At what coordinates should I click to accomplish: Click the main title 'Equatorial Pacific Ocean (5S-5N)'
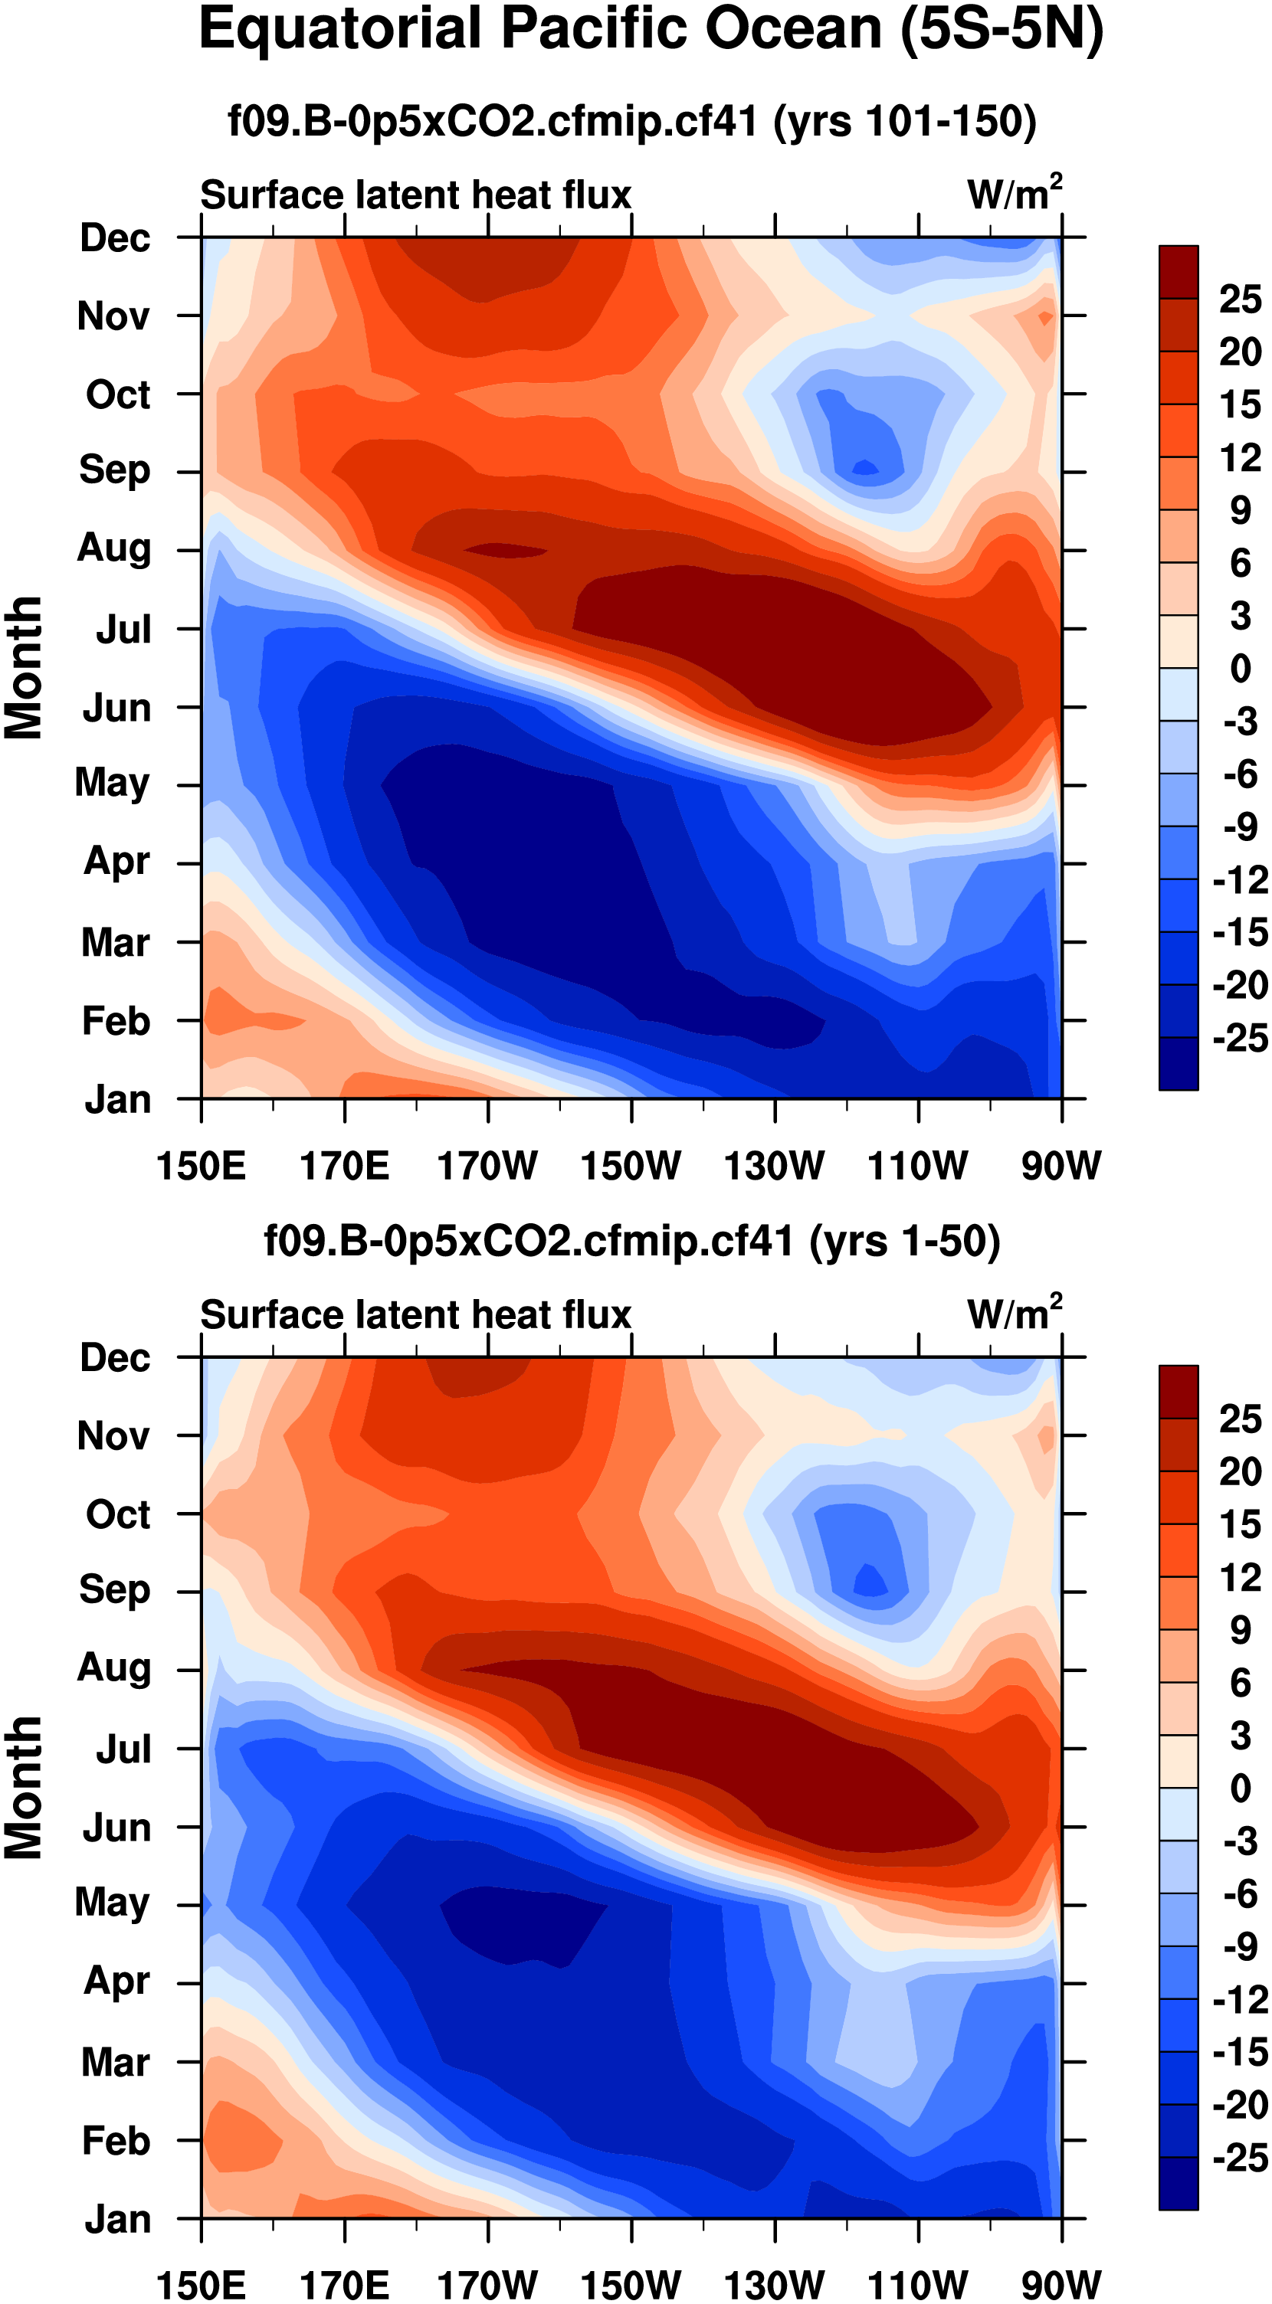point(651,31)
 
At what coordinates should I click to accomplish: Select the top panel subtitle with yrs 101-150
point(631,121)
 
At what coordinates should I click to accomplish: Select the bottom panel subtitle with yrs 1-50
point(631,1242)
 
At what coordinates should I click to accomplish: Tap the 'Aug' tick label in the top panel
point(113,548)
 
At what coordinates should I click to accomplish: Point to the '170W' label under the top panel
point(487,1167)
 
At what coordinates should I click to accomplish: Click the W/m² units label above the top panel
point(1015,193)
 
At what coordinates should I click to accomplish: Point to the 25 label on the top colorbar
point(1240,299)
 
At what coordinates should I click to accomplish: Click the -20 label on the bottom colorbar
point(1240,2106)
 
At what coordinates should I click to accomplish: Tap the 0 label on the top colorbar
point(1240,668)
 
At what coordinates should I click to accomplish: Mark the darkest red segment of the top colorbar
point(1178,272)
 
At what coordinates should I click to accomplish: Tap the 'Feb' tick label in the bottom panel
point(116,2140)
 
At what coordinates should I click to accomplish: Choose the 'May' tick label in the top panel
point(112,784)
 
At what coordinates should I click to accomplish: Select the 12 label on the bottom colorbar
point(1240,1578)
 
